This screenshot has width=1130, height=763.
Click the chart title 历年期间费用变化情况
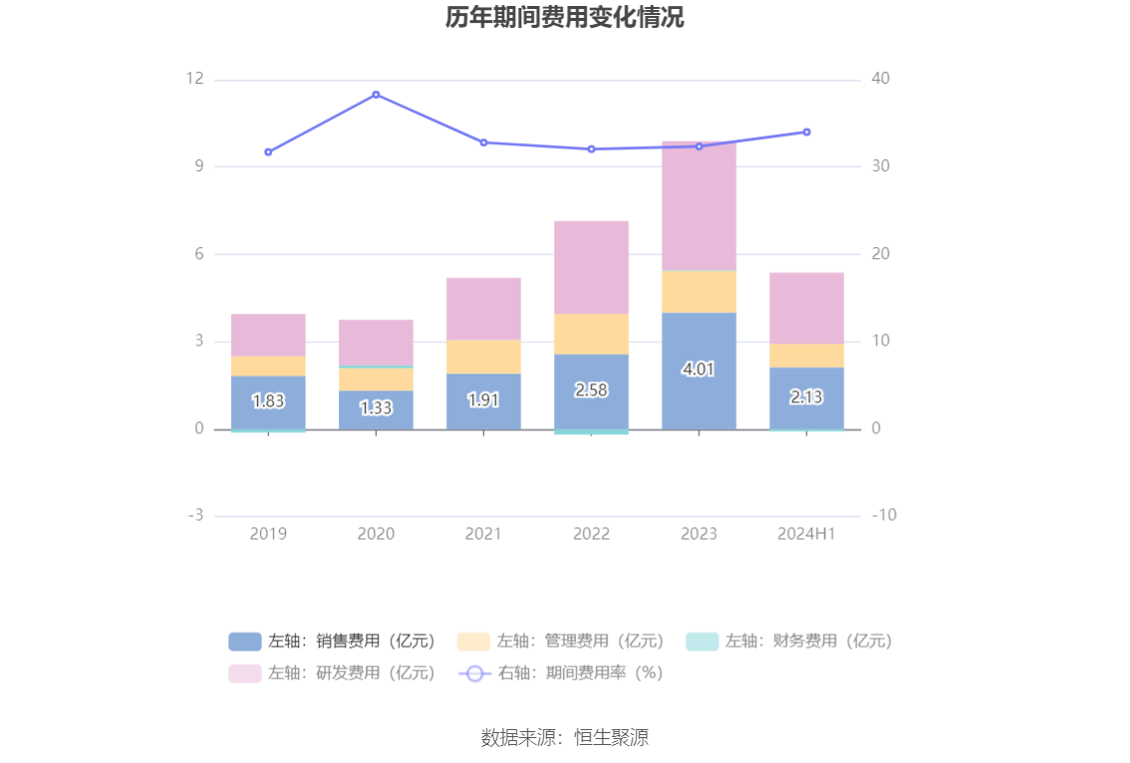pyautogui.click(x=564, y=18)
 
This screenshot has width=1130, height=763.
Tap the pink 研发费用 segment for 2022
pyautogui.click(x=591, y=267)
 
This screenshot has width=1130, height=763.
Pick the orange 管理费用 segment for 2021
pyautogui.click(x=483, y=357)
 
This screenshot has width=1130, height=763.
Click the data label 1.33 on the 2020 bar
pyautogui.click(x=376, y=407)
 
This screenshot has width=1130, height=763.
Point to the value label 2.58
pyautogui.click(x=591, y=389)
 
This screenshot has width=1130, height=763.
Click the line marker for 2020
pyautogui.click(x=376, y=95)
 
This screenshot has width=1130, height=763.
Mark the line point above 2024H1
pyautogui.click(x=806, y=131)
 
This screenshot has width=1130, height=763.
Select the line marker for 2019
pyautogui.click(x=268, y=152)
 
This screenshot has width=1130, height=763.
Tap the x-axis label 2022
pyautogui.click(x=591, y=534)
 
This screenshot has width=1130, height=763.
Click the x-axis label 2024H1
pyautogui.click(x=806, y=534)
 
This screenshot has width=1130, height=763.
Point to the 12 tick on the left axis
pyautogui.click(x=194, y=79)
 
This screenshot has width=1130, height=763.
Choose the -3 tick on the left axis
pyautogui.click(x=194, y=516)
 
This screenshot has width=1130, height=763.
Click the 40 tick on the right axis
pyautogui.click(x=881, y=79)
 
